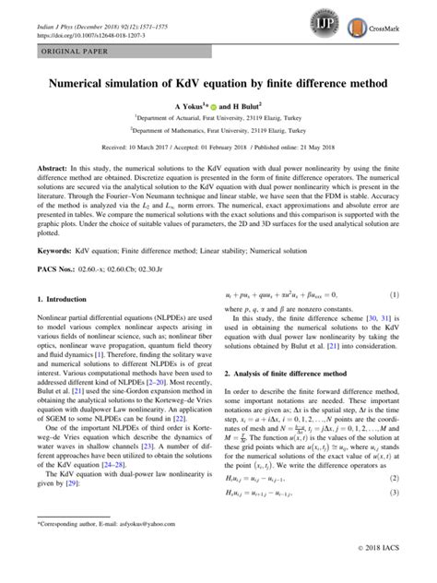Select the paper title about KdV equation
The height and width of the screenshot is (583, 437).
[218, 82]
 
